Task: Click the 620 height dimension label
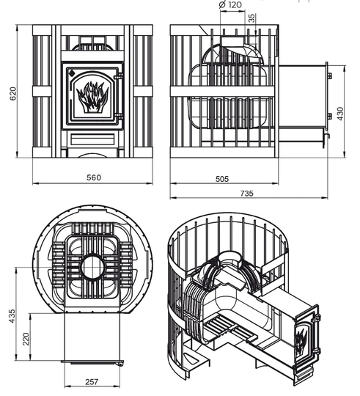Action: [x=13, y=93]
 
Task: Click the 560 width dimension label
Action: [x=94, y=177]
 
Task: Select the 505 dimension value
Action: [x=222, y=179]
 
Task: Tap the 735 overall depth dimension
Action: [x=246, y=193]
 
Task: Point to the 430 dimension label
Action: [x=340, y=114]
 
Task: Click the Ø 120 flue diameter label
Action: [x=230, y=4]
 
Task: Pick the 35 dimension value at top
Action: [x=251, y=18]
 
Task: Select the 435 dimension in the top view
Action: [x=12, y=316]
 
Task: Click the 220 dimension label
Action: [x=26, y=339]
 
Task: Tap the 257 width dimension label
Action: [x=92, y=381]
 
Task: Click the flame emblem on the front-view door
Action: [x=92, y=97]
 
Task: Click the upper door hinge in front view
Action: [x=118, y=76]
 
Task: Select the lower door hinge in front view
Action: [x=118, y=117]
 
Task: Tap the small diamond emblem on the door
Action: [x=71, y=73]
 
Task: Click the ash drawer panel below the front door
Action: [x=92, y=139]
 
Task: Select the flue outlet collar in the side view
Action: [x=232, y=40]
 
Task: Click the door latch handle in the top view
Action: [x=120, y=363]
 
